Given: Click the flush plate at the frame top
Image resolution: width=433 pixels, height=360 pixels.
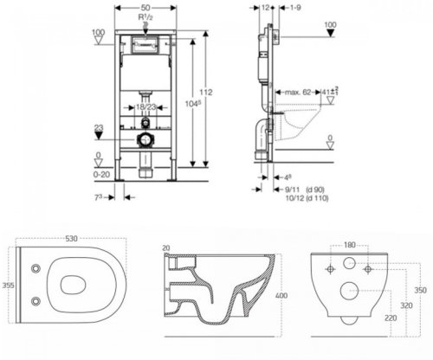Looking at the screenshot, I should (145, 45).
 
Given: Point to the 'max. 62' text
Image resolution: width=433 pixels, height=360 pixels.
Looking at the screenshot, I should (300, 90).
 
